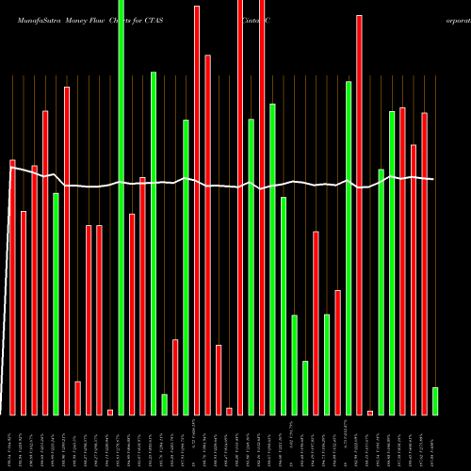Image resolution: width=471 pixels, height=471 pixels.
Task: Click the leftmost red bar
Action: [x=12, y=287]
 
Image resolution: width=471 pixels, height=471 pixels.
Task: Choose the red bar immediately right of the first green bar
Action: [x=67, y=251]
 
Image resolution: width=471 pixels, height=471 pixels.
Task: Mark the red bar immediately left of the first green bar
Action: [x=45, y=263]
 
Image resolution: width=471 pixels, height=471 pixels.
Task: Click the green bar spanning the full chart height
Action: [x=121, y=207]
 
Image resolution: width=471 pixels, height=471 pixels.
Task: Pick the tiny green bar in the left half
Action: [x=164, y=404]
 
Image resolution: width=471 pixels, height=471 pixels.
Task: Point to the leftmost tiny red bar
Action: [x=110, y=412]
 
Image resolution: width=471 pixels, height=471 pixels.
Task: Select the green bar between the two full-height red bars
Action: [x=251, y=267]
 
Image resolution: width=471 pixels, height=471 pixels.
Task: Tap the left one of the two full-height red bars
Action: [x=240, y=207]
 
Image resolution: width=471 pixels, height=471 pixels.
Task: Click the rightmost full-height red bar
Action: [x=262, y=207]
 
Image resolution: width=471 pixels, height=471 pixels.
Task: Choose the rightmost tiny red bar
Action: [x=370, y=412]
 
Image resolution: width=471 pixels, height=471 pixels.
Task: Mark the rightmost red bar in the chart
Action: [x=424, y=264]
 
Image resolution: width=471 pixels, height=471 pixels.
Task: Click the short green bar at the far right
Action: [x=435, y=400]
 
